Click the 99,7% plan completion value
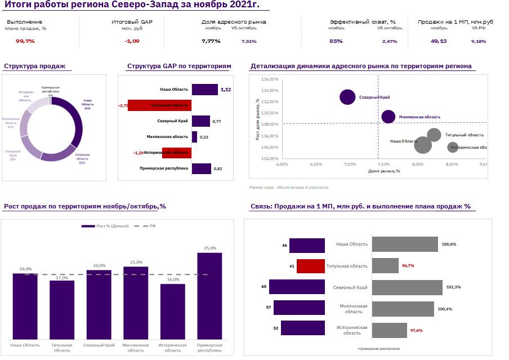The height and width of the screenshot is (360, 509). [25, 41]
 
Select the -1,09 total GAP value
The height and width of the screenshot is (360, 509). [132, 41]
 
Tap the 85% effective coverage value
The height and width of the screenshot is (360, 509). [336, 41]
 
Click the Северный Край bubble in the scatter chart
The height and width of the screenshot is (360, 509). [348, 97]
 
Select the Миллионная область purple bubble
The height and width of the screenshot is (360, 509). [388, 117]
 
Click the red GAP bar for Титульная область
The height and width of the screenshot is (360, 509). [160, 105]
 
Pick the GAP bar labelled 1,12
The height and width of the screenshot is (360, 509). [204, 90]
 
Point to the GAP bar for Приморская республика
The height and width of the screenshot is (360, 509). [202, 168]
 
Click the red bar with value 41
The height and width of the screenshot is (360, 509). [311, 266]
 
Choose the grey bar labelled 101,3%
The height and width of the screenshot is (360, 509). [407, 287]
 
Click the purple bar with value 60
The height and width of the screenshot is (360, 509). [297, 287]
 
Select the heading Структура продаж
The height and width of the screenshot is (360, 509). [35, 66]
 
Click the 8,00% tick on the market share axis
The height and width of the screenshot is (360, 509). [417, 165]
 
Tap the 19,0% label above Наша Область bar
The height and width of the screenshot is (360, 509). [25, 269]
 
